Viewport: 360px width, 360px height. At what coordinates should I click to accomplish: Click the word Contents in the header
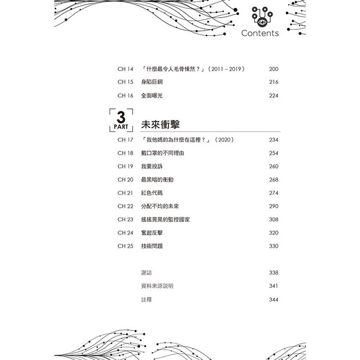coord(260,33)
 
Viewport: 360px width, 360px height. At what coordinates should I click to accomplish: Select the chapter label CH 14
coord(125,69)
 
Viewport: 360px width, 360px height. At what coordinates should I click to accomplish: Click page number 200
coord(274,69)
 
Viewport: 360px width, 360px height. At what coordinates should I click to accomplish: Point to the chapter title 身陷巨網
coord(152,82)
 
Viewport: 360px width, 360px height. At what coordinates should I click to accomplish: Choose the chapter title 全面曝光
coord(152,96)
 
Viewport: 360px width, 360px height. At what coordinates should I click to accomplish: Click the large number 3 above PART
coord(121,117)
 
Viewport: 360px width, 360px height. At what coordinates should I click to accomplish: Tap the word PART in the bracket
coord(121,127)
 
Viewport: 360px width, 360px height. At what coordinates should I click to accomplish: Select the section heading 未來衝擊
coord(160,125)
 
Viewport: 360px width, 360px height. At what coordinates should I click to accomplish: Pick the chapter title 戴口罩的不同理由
coord(163,153)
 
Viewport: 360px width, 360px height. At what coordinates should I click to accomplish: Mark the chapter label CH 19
coord(125,166)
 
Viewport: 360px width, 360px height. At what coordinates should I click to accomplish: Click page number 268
coord(274,180)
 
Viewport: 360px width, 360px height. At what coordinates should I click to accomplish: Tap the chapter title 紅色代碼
coord(152,193)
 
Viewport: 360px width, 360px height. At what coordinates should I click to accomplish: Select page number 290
coord(274,206)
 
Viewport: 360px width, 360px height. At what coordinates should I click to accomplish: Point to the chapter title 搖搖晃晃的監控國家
coord(166,219)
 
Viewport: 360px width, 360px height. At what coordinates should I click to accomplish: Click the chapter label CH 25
coord(125,246)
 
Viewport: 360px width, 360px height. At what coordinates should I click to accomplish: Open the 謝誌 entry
coord(146,273)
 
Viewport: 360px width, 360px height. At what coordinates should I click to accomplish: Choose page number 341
coord(274,286)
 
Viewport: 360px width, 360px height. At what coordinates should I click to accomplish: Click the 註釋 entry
coord(146,300)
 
